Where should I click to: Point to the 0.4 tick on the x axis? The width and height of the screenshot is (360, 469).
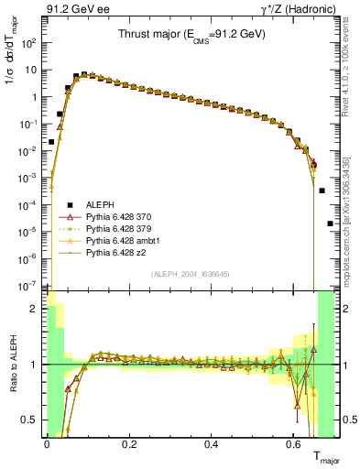pyautogui.click(x=213, y=441)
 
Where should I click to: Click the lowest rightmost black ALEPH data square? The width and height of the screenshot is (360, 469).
pyautogui.click(x=330, y=224)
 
